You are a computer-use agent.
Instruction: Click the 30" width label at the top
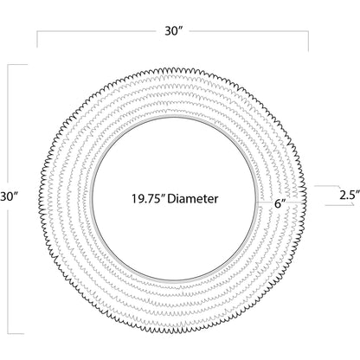point(175,31)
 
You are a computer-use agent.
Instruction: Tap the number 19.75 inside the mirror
point(148,199)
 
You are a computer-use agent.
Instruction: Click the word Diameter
point(193,199)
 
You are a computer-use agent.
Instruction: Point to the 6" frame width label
point(280,203)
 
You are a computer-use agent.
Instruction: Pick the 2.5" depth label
point(350,196)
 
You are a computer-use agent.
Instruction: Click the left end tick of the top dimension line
point(37,39)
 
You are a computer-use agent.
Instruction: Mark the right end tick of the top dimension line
point(308,41)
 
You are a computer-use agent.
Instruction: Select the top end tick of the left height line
point(17,65)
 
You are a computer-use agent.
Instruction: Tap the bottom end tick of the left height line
point(16,334)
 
